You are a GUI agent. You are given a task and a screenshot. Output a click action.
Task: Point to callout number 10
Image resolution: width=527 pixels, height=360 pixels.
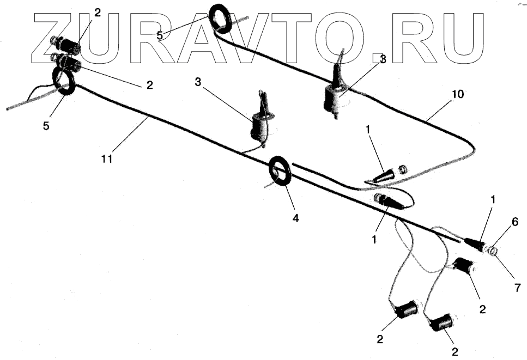tap(457, 94)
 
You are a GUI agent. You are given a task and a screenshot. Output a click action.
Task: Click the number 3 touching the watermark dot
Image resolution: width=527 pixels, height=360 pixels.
tap(383, 59)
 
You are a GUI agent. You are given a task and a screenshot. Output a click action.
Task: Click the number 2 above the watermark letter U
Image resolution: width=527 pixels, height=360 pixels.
tap(98, 12)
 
